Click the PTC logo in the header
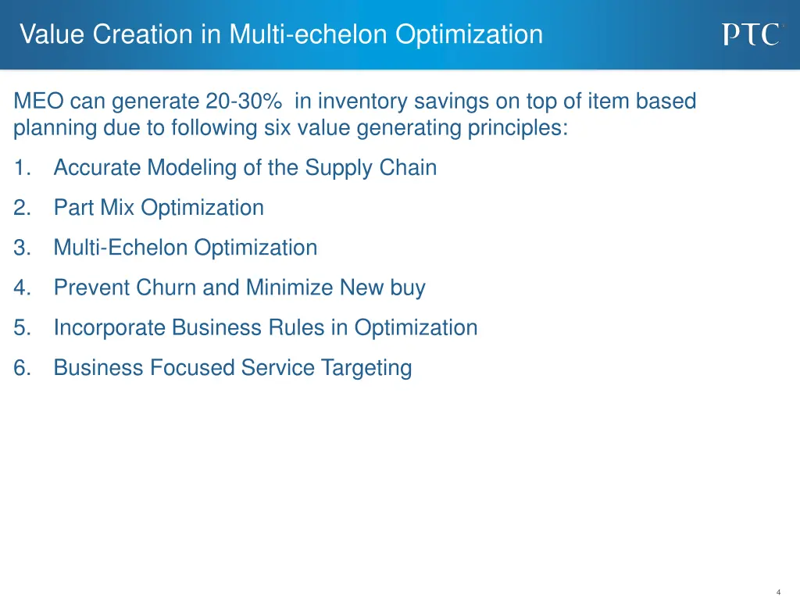click(x=750, y=34)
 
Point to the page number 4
click(x=778, y=592)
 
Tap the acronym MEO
click(x=39, y=102)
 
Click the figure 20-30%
click(x=244, y=102)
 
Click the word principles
click(x=518, y=127)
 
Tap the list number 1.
click(x=21, y=168)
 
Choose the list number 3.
click(x=21, y=248)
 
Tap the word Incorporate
click(x=110, y=328)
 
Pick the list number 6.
click(x=21, y=368)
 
